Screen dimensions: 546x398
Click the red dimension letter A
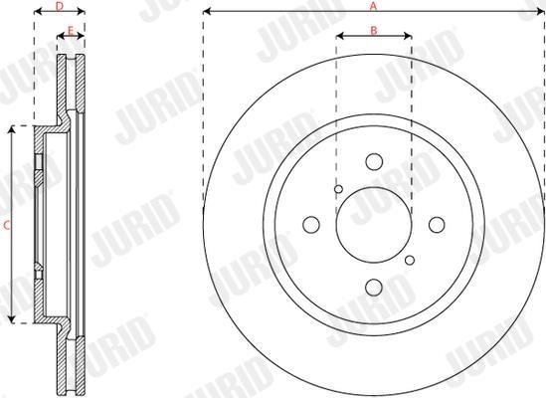pyautogui.click(x=373, y=6)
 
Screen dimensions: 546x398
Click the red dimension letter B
pyautogui.click(x=374, y=31)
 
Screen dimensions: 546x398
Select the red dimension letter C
pyautogui.click(x=6, y=226)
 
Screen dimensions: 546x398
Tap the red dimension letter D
pyautogui.click(x=60, y=6)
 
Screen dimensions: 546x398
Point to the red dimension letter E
pyautogui.click(x=71, y=31)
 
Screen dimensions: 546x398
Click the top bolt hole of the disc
pyautogui.click(x=374, y=162)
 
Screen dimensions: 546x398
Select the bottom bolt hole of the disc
pyautogui.click(x=374, y=288)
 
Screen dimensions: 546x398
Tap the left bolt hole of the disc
pyautogui.click(x=311, y=225)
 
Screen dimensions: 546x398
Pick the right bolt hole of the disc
pyautogui.click(x=437, y=225)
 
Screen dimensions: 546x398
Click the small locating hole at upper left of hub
pyautogui.click(x=338, y=189)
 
